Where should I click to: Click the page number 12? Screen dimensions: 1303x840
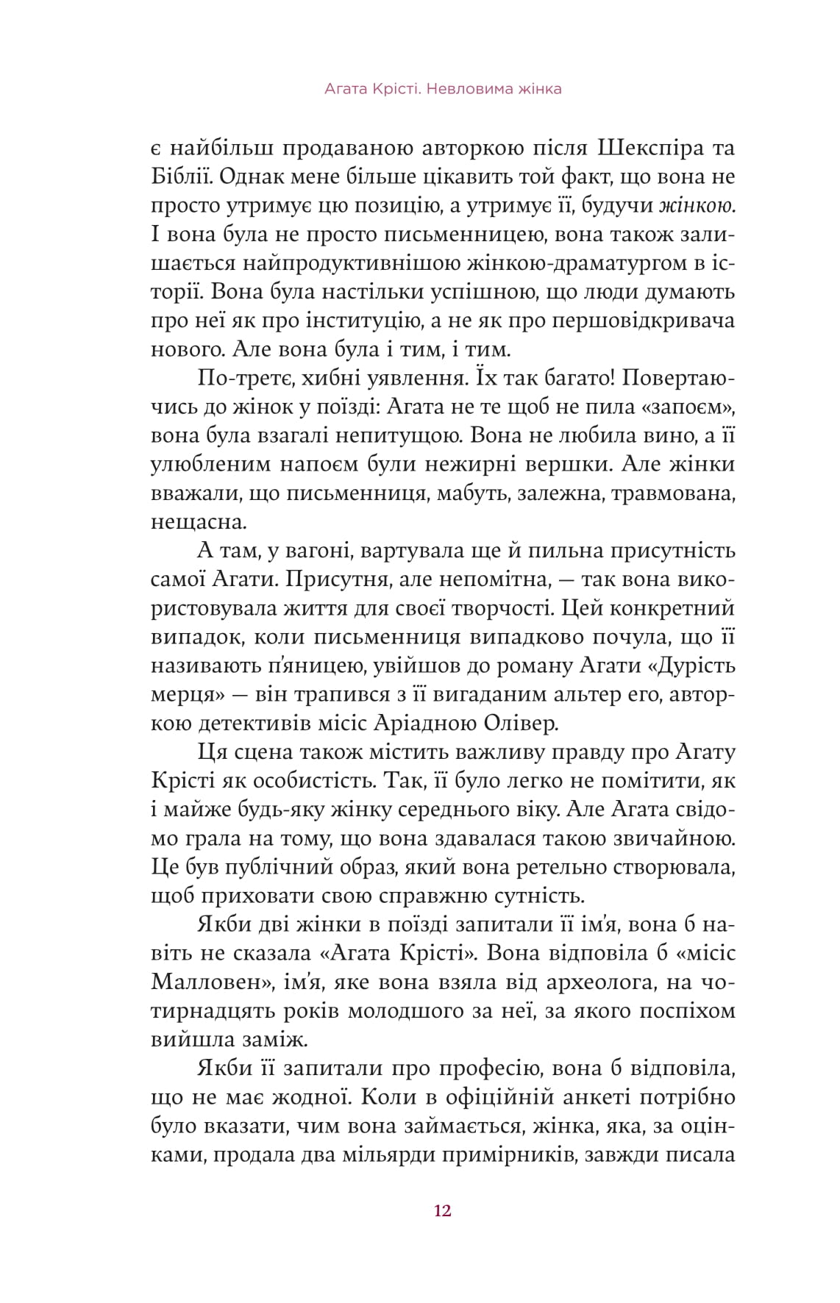(x=442, y=1211)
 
